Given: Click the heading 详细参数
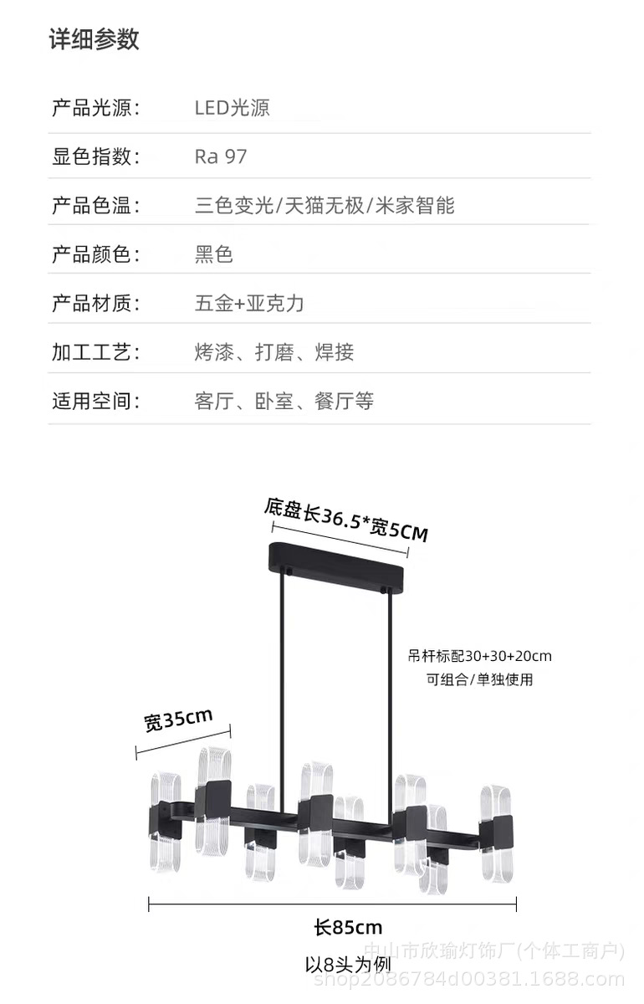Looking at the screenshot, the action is [95, 39].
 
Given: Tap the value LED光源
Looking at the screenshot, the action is [233, 108].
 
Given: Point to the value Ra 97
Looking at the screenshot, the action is [221, 157].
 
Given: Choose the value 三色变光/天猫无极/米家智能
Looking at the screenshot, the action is [325, 206].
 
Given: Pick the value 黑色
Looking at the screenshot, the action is [214, 254].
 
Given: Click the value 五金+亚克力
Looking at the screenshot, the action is [249, 304].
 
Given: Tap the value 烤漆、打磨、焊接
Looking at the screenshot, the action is [274, 352].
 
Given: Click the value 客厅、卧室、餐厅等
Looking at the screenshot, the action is [284, 401].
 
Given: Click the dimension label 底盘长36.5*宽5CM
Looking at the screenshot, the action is [345, 520].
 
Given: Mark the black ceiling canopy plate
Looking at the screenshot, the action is [336, 566].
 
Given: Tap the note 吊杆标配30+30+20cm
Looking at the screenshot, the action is [479, 656].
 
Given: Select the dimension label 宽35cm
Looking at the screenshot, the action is [178, 720].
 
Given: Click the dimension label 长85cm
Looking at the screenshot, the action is [348, 928].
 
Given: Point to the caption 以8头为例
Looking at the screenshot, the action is [348, 965].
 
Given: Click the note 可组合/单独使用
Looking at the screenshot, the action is [479, 679].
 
